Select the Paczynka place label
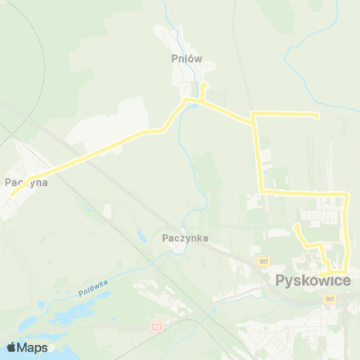tap(184, 238)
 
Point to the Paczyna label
tap(26, 181)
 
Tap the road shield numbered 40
tap(156, 327)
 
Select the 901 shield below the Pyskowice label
tap(331, 298)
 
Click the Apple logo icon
tap(11, 347)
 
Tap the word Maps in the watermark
tap(33, 347)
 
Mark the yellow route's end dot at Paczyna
tap(12, 194)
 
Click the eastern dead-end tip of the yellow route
tap(317, 115)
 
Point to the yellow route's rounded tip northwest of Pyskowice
tap(298, 226)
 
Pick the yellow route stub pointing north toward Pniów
tap(202, 88)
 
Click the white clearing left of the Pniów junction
tap(112, 124)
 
